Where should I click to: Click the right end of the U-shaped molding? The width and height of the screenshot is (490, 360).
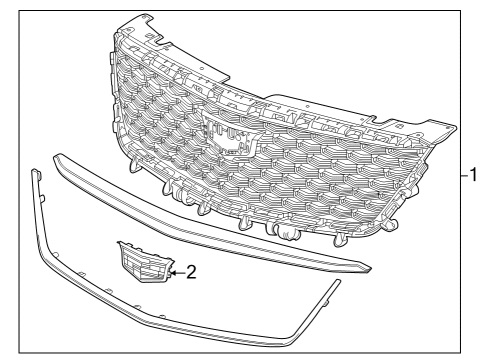point(337,284)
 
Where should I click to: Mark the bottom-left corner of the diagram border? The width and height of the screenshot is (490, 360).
point(18,353)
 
